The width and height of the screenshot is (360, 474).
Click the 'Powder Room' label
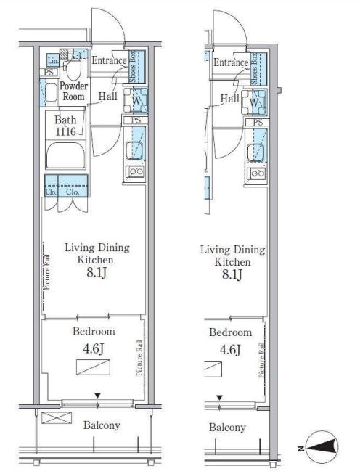click(73, 91)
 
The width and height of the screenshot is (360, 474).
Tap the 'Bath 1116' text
click(65, 126)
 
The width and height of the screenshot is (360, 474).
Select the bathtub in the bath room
click(66, 155)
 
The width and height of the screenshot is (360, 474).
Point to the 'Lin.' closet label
click(52, 61)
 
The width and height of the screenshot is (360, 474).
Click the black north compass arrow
click(322, 446)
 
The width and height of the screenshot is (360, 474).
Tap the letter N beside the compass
click(300, 449)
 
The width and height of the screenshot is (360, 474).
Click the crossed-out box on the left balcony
click(57, 418)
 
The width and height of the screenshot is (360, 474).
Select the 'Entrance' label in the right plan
click(231, 62)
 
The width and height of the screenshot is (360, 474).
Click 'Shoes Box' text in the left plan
click(133, 67)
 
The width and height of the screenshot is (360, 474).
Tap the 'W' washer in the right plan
click(254, 102)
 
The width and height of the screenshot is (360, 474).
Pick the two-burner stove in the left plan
click(136, 171)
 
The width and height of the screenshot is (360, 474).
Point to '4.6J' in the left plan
click(94, 348)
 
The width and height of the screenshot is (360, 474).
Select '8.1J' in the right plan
click(232, 274)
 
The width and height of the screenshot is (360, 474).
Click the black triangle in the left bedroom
click(97, 396)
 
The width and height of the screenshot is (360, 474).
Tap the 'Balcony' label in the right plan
click(227, 427)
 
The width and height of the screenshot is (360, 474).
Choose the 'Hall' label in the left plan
click(108, 97)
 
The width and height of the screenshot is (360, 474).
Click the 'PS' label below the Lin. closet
click(49, 73)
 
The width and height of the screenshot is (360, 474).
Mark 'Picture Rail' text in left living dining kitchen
click(47, 272)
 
